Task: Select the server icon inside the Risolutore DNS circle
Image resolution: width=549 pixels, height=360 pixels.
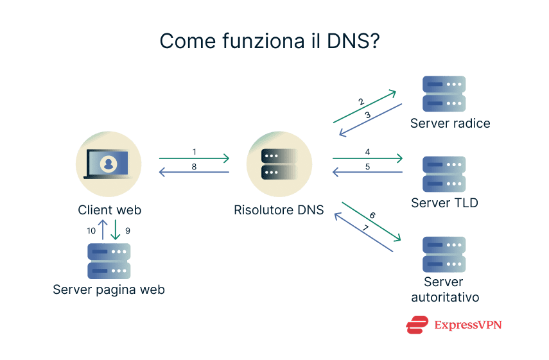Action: [279, 164]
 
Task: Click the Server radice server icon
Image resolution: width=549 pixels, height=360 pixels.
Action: [444, 94]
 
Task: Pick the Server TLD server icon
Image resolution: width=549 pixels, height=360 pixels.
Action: [444, 174]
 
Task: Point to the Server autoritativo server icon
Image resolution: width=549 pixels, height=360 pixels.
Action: [444, 254]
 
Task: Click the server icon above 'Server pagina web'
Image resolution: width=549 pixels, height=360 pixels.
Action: [109, 261]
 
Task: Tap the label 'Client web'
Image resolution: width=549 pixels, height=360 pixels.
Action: [109, 210]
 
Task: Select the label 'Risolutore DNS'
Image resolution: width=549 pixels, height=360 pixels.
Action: [279, 210]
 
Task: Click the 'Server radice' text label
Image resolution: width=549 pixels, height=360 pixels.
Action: [450, 123]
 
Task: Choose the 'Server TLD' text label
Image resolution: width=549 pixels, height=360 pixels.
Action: [444, 203]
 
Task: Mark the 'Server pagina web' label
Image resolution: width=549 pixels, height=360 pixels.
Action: [109, 290]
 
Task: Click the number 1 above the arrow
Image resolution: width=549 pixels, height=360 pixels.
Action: [194, 151]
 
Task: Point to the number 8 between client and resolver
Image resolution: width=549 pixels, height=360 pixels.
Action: [194, 166]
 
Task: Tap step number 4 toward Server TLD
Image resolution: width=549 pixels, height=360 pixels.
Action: [367, 152]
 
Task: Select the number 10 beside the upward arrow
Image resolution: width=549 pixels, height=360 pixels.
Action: [91, 230]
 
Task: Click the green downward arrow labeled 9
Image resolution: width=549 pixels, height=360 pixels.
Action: [116, 230]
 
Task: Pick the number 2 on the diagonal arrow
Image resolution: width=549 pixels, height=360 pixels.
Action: [362, 101]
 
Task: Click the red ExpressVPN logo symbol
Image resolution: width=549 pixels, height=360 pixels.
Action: [417, 325]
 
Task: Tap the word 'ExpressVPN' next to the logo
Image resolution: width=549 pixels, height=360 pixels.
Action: [467, 325]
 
